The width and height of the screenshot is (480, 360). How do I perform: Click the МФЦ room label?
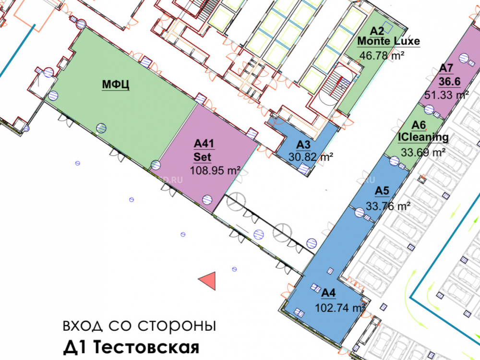pyautogui.click(x=116, y=84)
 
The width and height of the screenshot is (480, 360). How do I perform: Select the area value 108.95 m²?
pyautogui.click(x=215, y=170)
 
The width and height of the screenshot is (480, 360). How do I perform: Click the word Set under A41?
pyautogui.click(x=203, y=157)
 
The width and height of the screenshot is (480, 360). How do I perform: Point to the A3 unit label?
pyautogui.click(x=303, y=145)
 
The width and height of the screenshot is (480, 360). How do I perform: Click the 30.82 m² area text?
pyautogui.click(x=311, y=157)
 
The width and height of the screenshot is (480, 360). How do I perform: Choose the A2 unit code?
pyautogui.click(x=377, y=31)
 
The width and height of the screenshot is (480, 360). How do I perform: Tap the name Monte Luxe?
pyautogui.click(x=389, y=41)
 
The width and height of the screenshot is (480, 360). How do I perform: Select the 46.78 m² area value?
pyautogui.click(x=382, y=56)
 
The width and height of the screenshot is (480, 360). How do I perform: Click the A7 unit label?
pyautogui.click(x=446, y=68)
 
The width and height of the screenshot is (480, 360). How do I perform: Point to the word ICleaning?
pyautogui.click(x=423, y=137)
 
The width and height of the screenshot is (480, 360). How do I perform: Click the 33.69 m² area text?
pyautogui.click(x=423, y=152)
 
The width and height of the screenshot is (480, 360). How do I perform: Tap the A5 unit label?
pyautogui.click(x=382, y=191)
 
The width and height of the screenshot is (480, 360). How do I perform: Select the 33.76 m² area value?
pyautogui.click(x=388, y=206)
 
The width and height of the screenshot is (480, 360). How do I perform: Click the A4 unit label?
pyautogui.click(x=328, y=293)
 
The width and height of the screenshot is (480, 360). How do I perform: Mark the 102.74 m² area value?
pyautogui.click(x=340, y=308)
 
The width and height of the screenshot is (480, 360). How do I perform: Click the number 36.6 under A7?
pyautogui.click(x=450, y=82)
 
